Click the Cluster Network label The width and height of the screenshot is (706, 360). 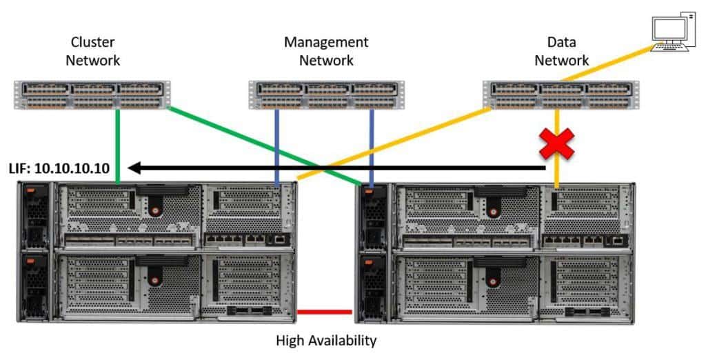pos(92,51)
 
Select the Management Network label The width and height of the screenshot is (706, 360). pos(326,51)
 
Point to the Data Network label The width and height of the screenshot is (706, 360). pos(561,51)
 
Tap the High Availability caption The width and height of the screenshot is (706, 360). pos(326,341)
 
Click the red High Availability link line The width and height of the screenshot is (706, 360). pos(324,312)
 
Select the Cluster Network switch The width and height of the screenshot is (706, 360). pos(92,95)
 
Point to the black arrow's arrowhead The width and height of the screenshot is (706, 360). pos(136,167)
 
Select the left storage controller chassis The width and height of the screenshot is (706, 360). pos(156,252)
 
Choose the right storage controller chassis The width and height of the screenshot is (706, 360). pos(493,252)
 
